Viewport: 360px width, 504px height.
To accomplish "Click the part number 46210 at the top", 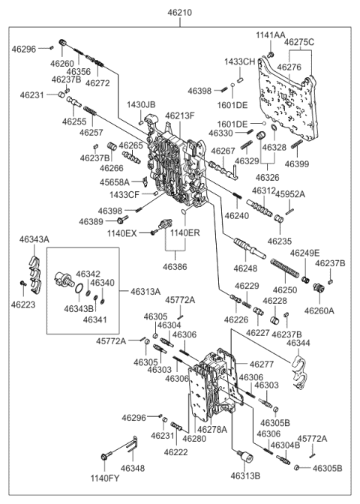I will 180,13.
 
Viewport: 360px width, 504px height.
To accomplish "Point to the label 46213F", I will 181,115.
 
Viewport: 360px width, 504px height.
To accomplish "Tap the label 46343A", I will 34,239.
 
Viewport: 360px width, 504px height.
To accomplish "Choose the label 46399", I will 298,163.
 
